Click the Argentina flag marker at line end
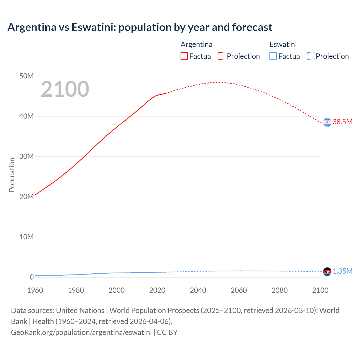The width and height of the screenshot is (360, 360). click(x=327, y=122)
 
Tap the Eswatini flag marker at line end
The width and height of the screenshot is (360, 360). click(x=327, y=272)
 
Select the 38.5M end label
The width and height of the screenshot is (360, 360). click(x=342, y=122)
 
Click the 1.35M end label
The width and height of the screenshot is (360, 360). click(x=342, y=271)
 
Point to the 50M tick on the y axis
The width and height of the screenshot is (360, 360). click(x=26, y=76)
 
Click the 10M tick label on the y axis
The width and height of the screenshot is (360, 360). click(x=26, y=237)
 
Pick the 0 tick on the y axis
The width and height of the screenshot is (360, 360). click(x=31, y=277)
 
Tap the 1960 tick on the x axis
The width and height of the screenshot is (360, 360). click(x=35, y=290)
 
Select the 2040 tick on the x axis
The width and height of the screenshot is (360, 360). click(x=198, y=290)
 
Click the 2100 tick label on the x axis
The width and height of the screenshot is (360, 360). click(x=320, y=290)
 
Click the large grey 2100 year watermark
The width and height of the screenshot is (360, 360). click(x=65, y=89)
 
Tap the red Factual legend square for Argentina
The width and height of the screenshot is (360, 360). click(x=184, y=56)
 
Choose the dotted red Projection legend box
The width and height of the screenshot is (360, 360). click(x=222, y=56)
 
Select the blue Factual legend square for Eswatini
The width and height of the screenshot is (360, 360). click(x=273, y=56)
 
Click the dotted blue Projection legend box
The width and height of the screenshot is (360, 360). click(x=310, y=56)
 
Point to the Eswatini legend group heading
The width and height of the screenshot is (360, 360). click(x=283, y=44)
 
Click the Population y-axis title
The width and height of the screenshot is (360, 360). click(x=12, y=175)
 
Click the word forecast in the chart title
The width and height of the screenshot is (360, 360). click(x=252, y=27)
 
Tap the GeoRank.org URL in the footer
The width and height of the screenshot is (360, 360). click(x=81, y=332)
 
